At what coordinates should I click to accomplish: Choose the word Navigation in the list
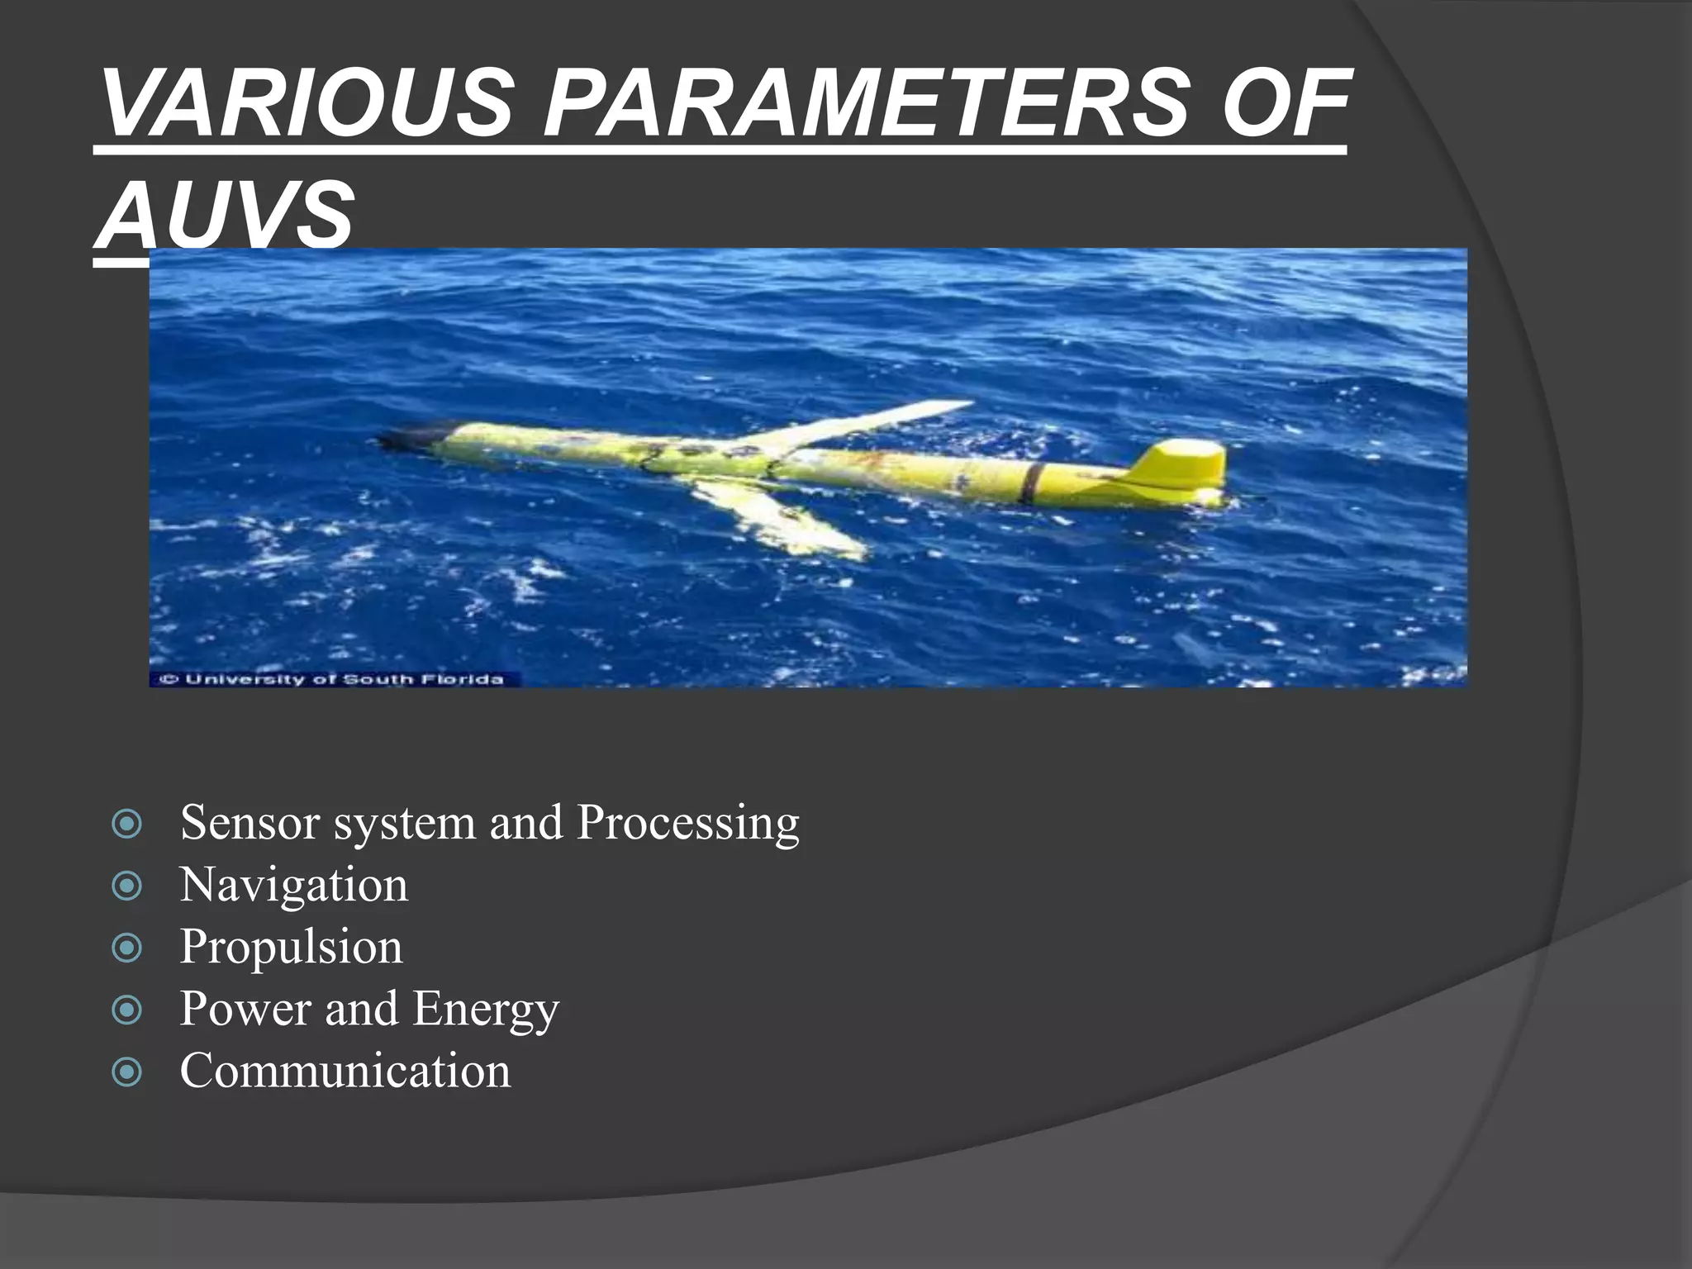point(293,885)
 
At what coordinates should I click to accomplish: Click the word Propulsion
point(291,947)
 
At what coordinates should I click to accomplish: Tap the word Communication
point(345,1071)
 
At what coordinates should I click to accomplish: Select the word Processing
point(688,824)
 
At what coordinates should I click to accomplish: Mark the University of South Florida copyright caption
point(332,679)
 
